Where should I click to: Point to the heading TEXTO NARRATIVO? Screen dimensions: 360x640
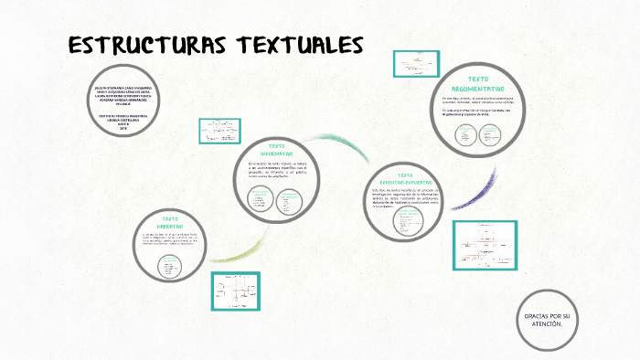(x=171, y=224)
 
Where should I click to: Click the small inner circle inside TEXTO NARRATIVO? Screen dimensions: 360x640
(x=170, y=266)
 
